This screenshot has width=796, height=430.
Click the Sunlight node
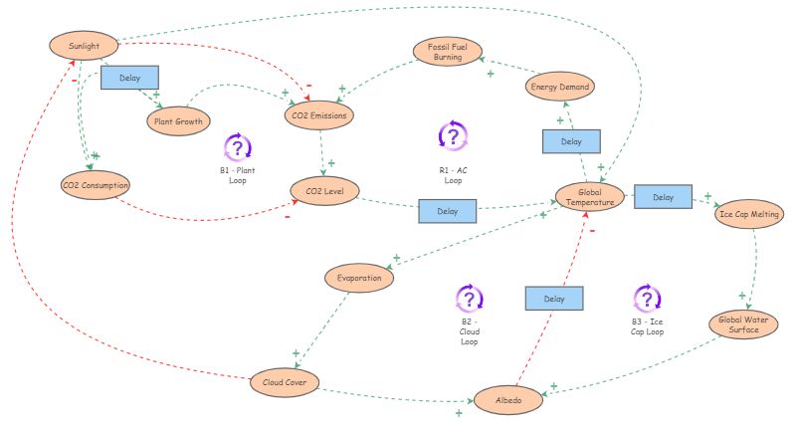84,46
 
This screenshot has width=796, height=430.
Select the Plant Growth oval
178,121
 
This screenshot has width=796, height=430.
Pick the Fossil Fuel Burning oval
448,53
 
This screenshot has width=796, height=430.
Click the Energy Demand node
559,87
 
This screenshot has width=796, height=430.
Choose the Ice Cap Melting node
749,214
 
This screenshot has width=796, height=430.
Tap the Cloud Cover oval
285,381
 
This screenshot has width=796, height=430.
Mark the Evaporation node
359,279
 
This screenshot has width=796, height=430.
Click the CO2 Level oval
323,190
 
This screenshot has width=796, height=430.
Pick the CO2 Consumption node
96,185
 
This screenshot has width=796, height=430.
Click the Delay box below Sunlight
129,77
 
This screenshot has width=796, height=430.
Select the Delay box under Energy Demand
571,141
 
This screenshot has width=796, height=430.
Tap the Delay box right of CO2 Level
448,211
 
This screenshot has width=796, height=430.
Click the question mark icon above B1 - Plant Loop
238,147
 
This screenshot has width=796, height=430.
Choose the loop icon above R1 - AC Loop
453,135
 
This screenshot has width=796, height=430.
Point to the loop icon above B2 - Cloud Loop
469,299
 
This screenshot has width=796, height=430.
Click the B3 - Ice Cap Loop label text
648,326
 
